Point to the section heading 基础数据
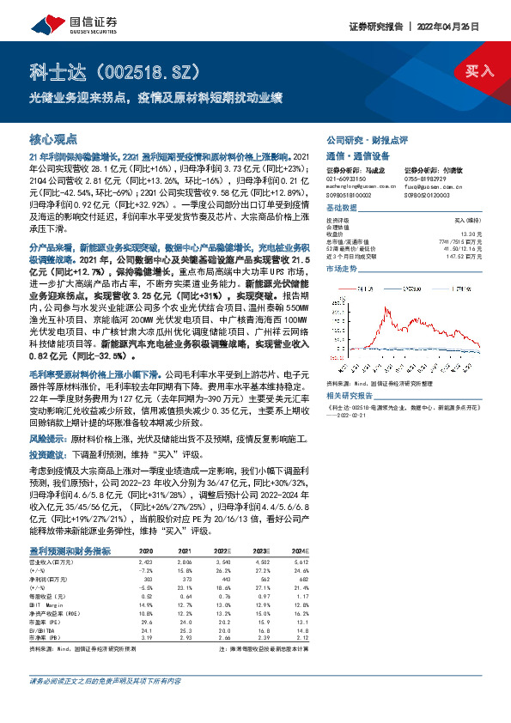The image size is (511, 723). click(342, 208)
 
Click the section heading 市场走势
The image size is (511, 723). click(342, 269)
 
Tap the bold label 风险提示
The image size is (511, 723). click(47, 437)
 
